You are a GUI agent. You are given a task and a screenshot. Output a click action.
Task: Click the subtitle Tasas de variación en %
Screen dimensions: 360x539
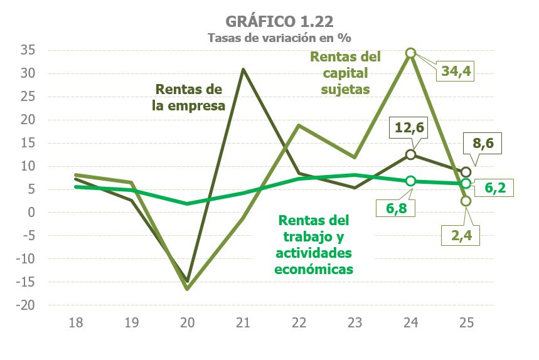270,37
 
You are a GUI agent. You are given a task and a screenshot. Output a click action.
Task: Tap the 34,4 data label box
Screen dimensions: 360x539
455,71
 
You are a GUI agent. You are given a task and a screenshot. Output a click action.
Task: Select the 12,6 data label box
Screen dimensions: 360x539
410,129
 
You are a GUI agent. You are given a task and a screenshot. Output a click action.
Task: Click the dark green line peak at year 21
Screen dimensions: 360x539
243,69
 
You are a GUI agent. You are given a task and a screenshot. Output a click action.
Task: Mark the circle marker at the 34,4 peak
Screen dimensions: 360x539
410,53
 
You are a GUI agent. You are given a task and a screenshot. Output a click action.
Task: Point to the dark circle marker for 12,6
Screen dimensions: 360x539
410,154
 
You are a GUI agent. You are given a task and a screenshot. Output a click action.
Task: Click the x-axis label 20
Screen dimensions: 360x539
188,323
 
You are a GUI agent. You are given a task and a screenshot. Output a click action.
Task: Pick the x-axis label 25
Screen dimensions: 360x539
466,323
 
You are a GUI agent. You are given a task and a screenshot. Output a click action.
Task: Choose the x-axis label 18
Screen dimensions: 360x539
76,323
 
